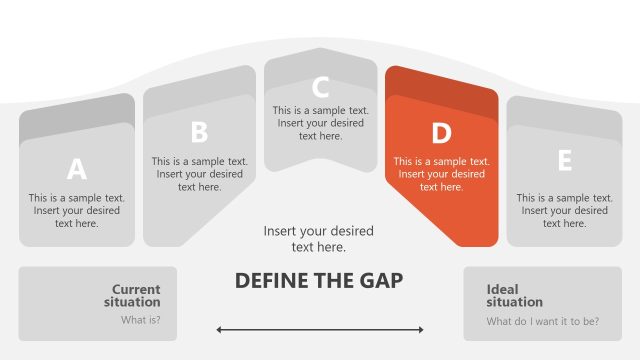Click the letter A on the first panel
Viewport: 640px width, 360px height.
(x=76, y=169)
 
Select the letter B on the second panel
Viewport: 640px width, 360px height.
(x=199, y=133)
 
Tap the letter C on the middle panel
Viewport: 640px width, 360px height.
(x=320, y=87)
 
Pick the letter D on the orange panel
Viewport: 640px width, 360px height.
(x=441, y=133)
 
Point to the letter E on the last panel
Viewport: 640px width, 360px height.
(x=564, y=161)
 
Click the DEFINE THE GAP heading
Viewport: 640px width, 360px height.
(x=319, y=280)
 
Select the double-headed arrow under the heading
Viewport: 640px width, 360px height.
(x=320, y=329)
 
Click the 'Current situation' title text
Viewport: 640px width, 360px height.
(x=135, y=295)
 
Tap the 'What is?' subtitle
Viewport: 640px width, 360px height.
(x=141, y=321)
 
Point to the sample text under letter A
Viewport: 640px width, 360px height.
(x=77, y=211)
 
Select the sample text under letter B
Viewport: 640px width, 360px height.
(x=200, y=173)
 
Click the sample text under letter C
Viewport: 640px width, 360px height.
(x=321, y=123)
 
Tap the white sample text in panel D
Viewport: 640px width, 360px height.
(x=441, y=173)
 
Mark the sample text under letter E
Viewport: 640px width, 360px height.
(x=564, y=211)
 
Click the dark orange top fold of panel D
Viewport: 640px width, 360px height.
(x=440, y=86)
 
